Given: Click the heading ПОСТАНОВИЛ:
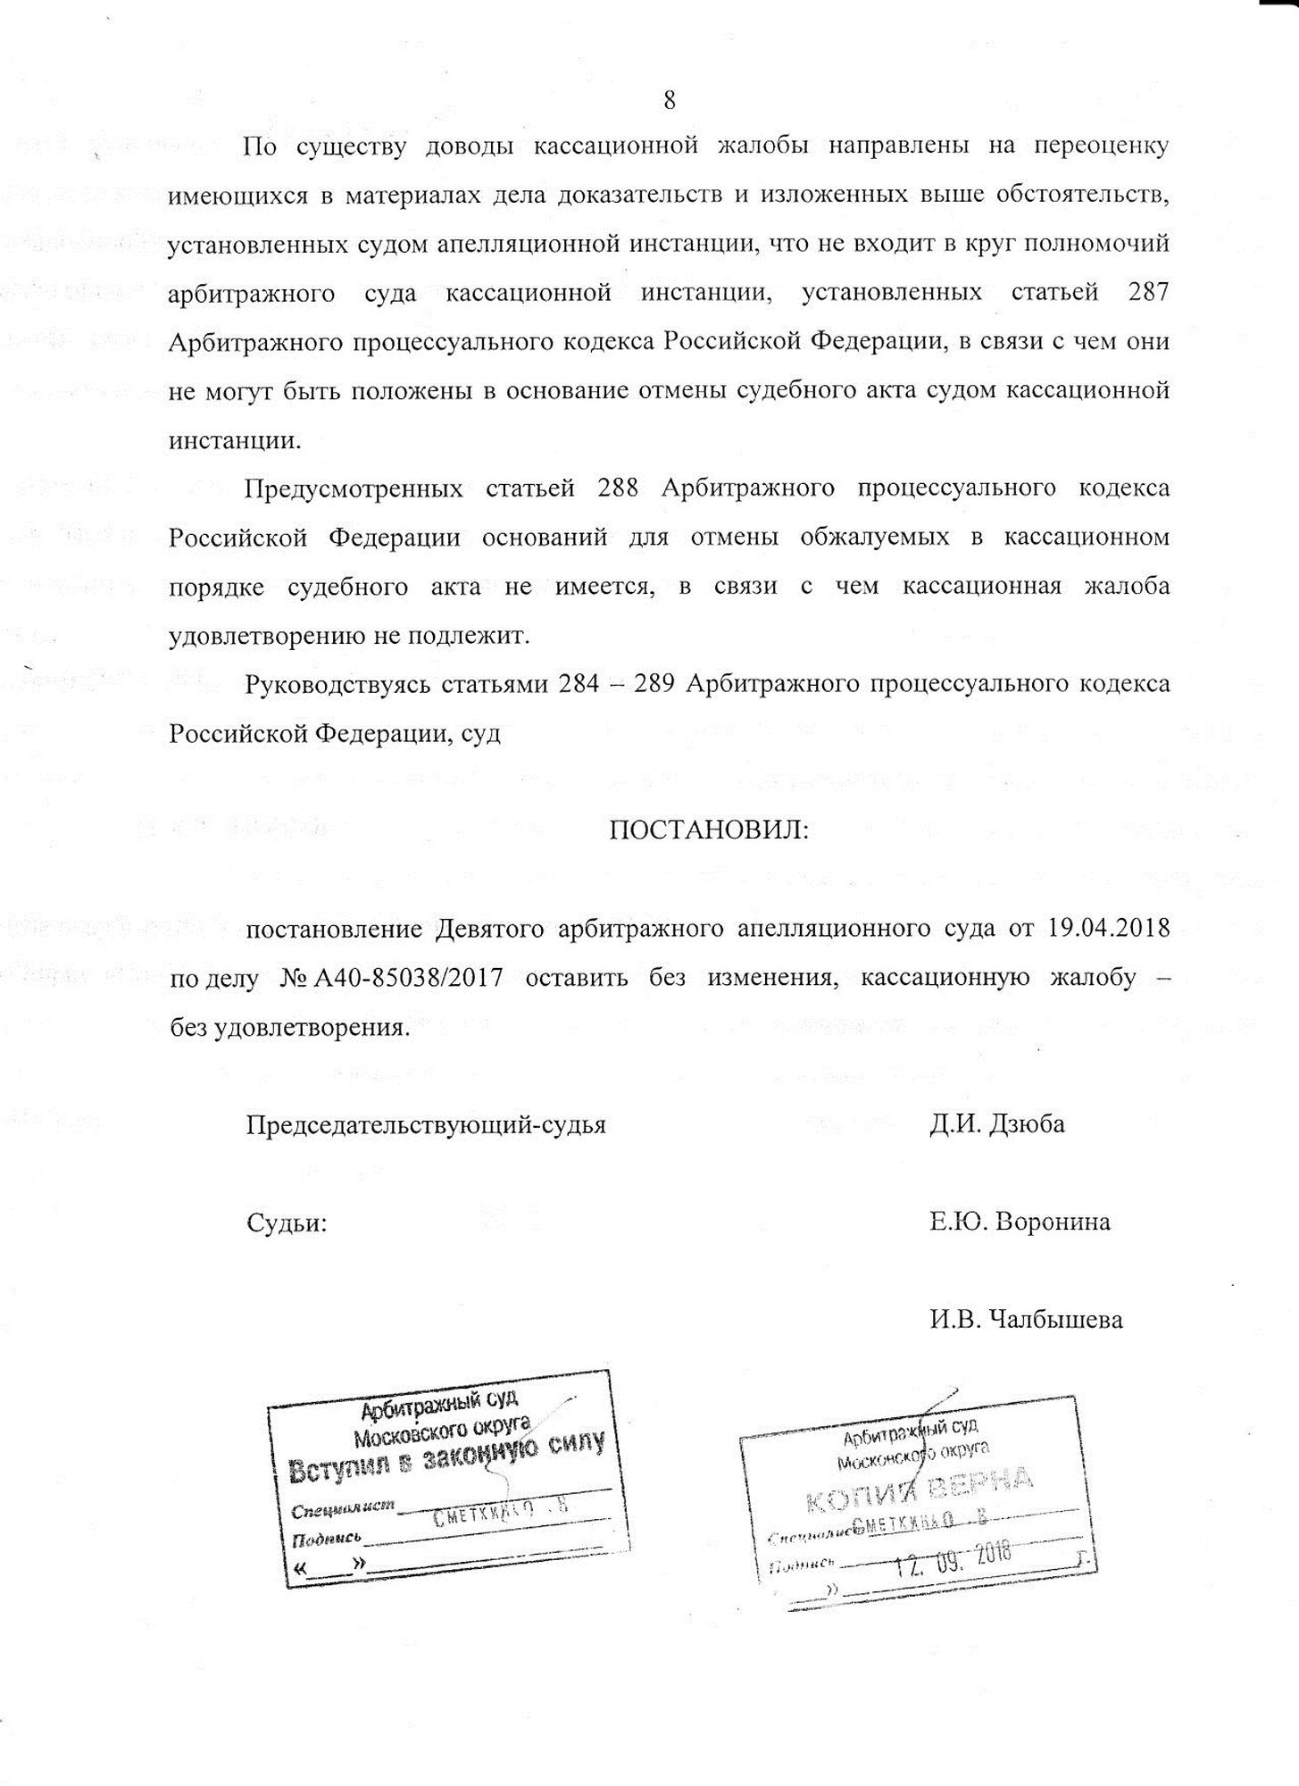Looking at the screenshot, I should tap(709, 830).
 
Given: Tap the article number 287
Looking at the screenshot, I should tap(1148, 294).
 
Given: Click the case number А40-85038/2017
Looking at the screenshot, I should tap(408, 978).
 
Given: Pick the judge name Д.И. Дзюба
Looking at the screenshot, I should tap(997, 1124).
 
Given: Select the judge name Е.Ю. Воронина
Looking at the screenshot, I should tap(1020, 1222).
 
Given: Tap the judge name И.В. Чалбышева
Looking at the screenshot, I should tap(1026, 1319).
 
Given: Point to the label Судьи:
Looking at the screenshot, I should tap(287, 1223).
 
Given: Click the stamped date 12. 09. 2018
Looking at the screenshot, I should tap(953, 1557).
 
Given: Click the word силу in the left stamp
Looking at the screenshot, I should tap(570, 1445).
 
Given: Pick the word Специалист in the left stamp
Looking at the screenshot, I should tap(343, 1508).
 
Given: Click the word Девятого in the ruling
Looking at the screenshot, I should tap(491, 929).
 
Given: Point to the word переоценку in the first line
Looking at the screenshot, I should tap(1100, 147).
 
